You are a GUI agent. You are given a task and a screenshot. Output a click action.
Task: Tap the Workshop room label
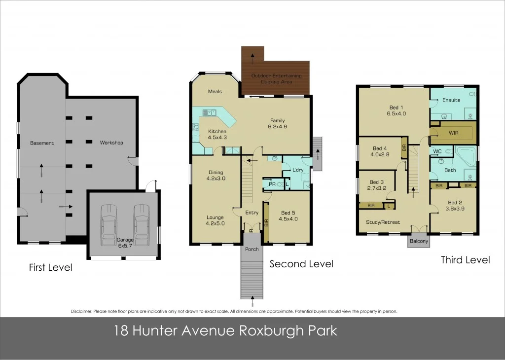[x=111, y=143]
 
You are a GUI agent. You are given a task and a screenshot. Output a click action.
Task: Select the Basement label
[x=42, y=143]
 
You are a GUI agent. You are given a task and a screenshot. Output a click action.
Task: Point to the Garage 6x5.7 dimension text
[x=125, y=242]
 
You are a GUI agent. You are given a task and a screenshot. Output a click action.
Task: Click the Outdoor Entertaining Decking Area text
[x=276, y=78]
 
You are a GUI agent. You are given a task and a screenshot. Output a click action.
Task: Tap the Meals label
[x=215, y=91]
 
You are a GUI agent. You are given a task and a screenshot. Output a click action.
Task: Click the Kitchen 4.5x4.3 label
[x=217, y=134]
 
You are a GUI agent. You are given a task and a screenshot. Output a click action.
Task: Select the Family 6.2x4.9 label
[x=277, y=124]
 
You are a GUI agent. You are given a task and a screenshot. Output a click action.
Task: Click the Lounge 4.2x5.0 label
[x=215, y=220]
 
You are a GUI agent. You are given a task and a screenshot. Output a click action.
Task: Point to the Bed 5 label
[x=288, y=216]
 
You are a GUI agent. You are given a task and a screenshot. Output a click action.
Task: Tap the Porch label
[x=252, y=249]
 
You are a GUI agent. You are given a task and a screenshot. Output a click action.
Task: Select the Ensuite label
[x=451, y=100]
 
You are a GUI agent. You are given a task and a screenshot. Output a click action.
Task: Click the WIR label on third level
[x=454, y=133]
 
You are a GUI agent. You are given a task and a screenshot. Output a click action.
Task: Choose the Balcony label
[x=419, y=242]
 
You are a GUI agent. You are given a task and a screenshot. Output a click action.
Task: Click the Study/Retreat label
[x=383, y=222]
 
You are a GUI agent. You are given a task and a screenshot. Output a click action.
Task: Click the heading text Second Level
[x=301, y=264]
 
